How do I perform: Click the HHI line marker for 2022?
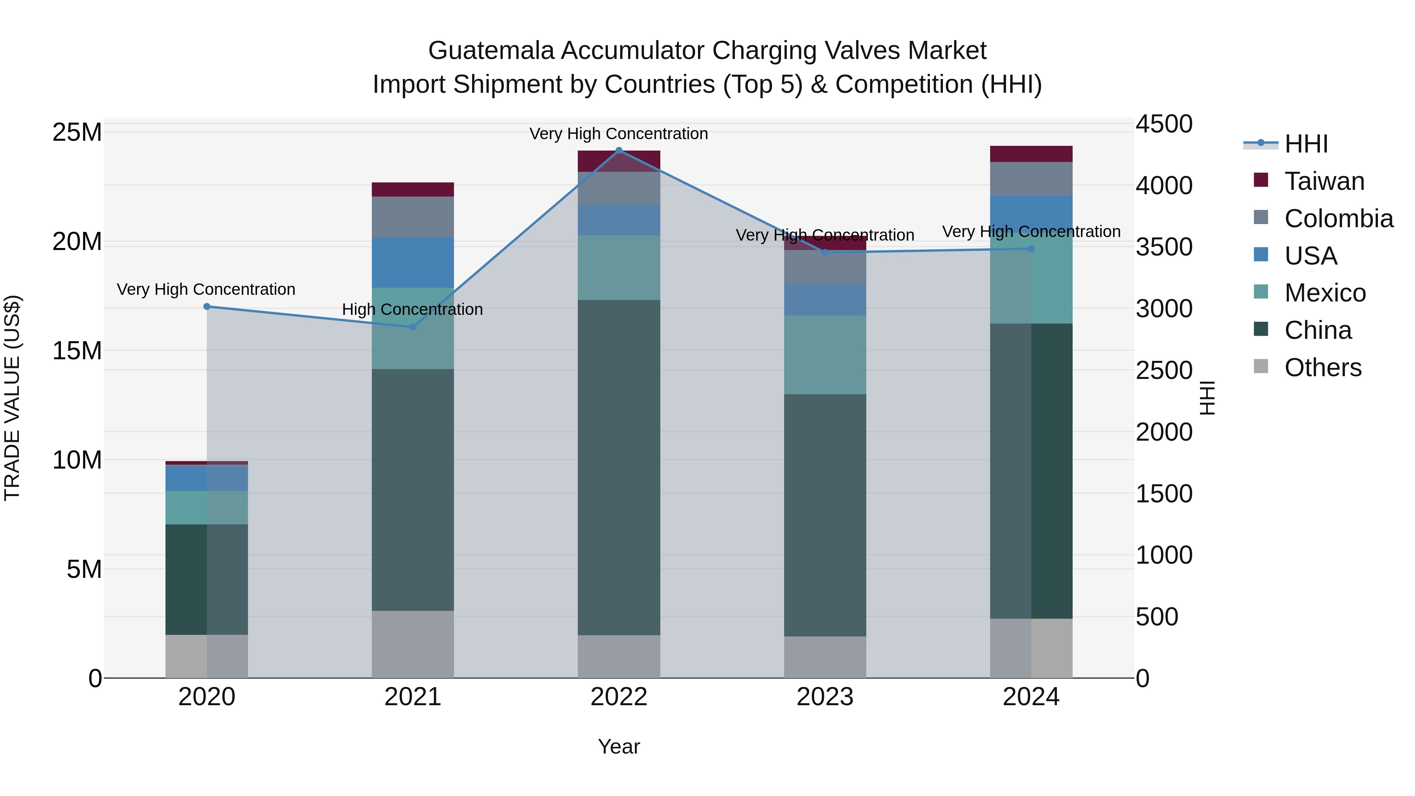pos(619,151)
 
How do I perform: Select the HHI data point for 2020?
pos(206,307)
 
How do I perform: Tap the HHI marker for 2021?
pos(413,327)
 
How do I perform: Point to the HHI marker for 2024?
pos(1031,249)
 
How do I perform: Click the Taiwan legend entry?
pos(1324,181)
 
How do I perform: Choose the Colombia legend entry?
pos(1338,219)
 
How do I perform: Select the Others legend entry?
pos(1323,368)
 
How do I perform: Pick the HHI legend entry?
pos(1306,144)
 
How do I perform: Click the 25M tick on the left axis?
pos(77,132)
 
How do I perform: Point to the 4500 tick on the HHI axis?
pos(1163,124)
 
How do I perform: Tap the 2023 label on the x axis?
pos(825,697)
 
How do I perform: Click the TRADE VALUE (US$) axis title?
pos(12,398)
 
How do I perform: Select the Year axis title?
pos(619,746)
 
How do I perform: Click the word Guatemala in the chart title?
pos(491,51)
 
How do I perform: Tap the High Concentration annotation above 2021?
pos(413,309)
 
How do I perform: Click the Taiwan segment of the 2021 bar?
pos(413,189)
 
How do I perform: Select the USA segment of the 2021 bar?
pos(413,262)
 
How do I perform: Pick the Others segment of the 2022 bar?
pos(619,656)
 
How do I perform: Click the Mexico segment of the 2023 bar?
pos(825,355)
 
